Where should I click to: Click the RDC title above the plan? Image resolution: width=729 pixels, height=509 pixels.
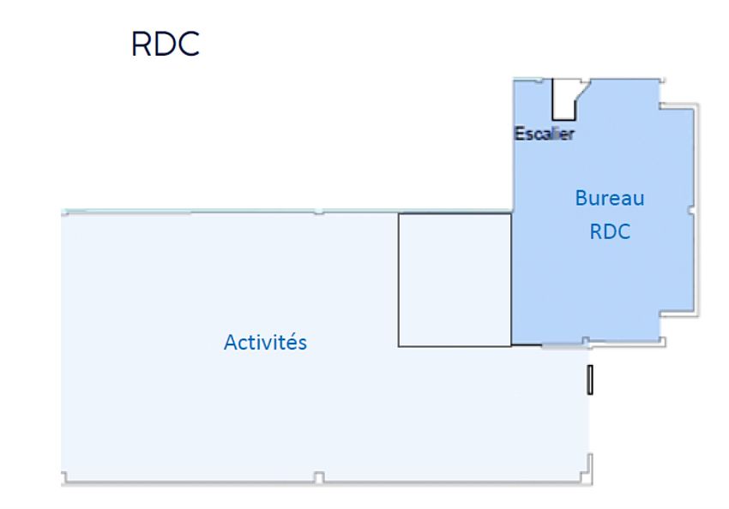pos(166,44)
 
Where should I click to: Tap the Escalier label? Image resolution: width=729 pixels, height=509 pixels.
pos(544,134)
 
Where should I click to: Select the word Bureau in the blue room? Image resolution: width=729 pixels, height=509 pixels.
pos(610,198)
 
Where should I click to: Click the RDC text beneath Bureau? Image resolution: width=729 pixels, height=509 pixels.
pos(610,231)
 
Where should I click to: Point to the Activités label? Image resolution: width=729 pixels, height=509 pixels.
pos(266,342)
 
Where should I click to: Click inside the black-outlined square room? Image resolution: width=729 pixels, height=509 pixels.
pos(455,280)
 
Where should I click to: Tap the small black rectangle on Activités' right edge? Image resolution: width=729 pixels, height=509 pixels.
pos(590,380)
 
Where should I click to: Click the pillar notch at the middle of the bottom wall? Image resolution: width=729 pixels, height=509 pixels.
pos(319,477)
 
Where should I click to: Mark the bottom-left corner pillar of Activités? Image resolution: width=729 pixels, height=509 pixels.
pos(64,477)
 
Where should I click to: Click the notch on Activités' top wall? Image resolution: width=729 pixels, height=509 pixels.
pos(318,212)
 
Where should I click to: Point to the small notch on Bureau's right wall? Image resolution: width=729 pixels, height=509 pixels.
pos(691,211)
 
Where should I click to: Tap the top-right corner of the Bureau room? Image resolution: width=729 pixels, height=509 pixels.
pos(661,81)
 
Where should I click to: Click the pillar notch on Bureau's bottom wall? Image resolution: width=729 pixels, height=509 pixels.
pos(586,342)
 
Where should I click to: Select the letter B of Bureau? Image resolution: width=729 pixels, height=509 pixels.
pos(581,198)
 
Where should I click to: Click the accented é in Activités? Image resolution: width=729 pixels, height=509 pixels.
pos(292,342)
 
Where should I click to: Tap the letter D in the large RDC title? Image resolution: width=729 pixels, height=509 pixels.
pos(166,44)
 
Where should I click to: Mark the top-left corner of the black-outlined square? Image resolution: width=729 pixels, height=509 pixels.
pos(399,214)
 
